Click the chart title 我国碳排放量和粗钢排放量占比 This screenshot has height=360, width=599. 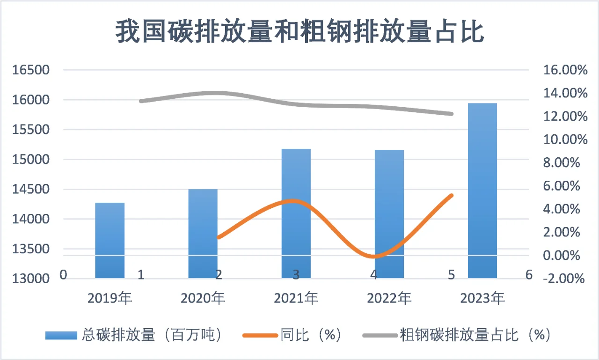[x=299, y=31]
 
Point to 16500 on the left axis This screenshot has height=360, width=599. [x=31, y=70]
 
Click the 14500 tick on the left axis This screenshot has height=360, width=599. [x=31, y=190]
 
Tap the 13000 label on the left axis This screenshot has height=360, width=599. [x=31, y=279]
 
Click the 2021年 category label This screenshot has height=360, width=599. [x=296, y=298]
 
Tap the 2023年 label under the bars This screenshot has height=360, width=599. [x=482, y=298]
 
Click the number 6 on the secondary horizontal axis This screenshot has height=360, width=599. [x=529, y=275]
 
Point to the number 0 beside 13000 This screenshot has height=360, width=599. [x=64, y=275]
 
